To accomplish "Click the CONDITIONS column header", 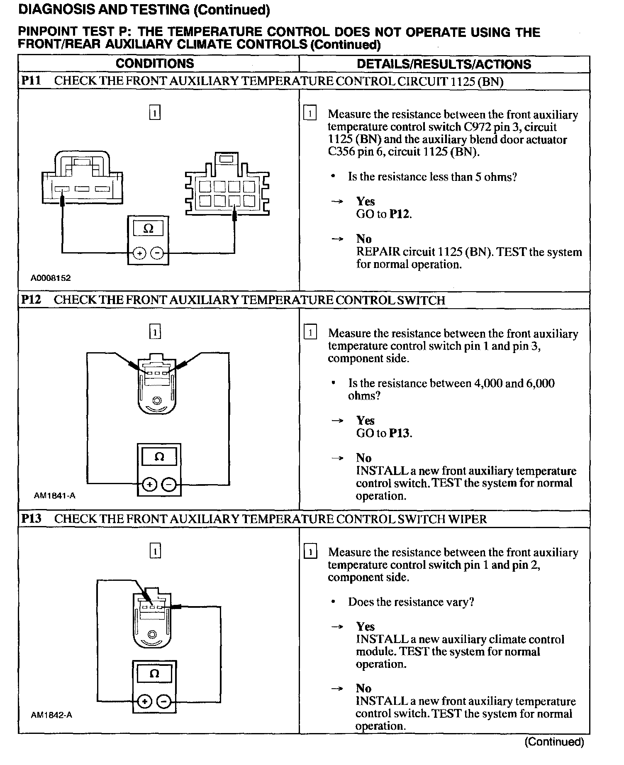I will [x=155, y=63].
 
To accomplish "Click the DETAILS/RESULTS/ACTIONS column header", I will [x=444, y=64].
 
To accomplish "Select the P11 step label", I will [x=31, y=81].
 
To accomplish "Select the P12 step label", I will [x=31, y=300].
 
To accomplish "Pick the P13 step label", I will [x=31, y=519].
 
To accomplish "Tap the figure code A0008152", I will [x=51, y=278].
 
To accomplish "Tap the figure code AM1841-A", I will [x=54, y=495].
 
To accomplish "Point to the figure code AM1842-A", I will [x=51, y=715].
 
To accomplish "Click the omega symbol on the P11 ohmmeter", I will [x=148, y=229].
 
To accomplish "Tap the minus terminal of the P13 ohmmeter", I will [x=164, y=702].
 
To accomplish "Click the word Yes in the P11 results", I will [x=365, y=202].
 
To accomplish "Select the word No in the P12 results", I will [x=363, y=458].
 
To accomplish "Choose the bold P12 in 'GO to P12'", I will [x=400, y=214].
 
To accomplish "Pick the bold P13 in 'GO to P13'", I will [x=400, y=434].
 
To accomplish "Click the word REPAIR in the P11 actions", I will [x=378, y=252].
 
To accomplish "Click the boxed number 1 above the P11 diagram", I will [x=154, y=113].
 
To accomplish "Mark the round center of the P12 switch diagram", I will [x=157, y=400].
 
